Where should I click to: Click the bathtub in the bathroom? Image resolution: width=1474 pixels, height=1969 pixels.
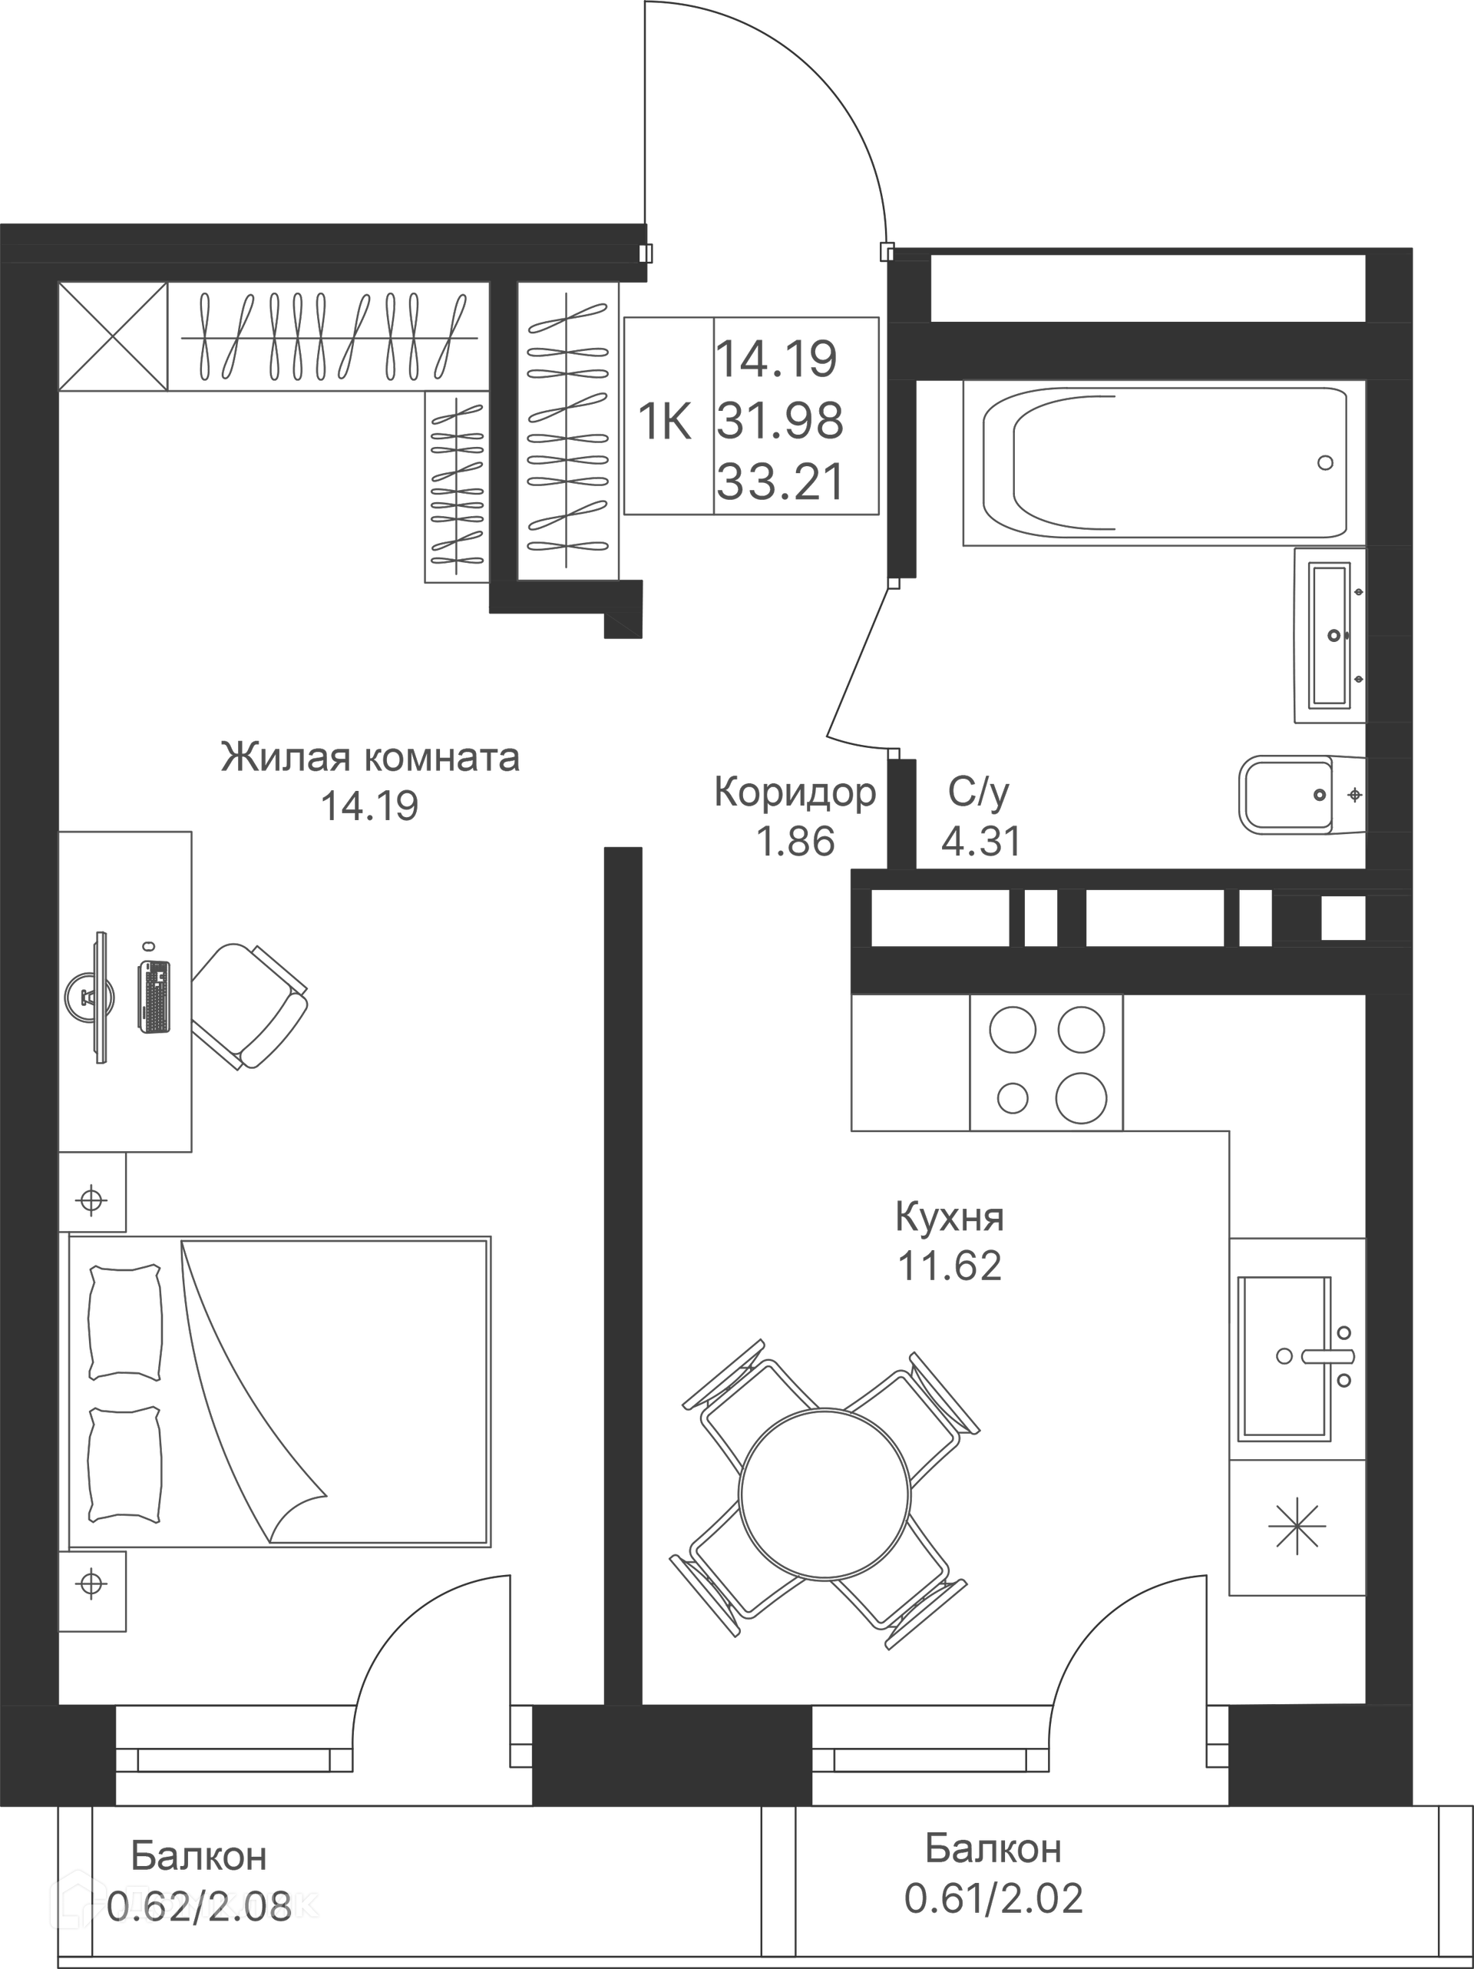pyautogui.click(x=1165, y=463)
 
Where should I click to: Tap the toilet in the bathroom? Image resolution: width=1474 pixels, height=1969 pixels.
pyautogui.click(x=1301, y=794)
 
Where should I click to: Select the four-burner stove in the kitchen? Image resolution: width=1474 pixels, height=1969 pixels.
pyautogui.click(x=1046, y=1062)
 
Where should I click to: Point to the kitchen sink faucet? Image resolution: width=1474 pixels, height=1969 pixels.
pyautogui.click(x=1328, y=1355)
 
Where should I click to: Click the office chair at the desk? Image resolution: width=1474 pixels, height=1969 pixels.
pyautogui.click(x=250, y=1006)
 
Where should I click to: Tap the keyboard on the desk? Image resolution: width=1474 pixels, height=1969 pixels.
pyautogui.click(x=155, y=997)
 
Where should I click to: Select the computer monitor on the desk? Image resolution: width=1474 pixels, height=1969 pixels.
pyautogui.click(x=94, y=997)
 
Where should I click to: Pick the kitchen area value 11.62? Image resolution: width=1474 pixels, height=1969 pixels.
pyautogui.click(x=950, y=1266)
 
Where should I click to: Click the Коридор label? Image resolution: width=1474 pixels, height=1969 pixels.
pyautogui.click(x=795, y=791)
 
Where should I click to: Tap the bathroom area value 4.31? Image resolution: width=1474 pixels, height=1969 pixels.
pyautogui.click(x=981, y=841)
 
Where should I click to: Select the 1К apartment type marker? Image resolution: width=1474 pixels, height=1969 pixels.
pyautogui.click(x=665, y=421)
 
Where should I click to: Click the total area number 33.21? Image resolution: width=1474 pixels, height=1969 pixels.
pyautogui.click(x=781, y=482)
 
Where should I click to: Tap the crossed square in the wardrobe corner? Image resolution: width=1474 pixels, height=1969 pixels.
pyautogui.click(x=113, y=336)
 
